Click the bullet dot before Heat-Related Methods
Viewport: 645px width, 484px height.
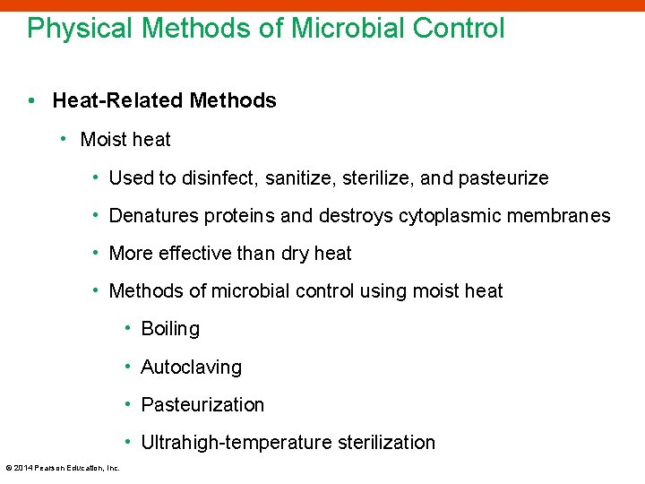pos(31,101)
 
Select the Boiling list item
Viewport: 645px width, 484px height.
pos(170,329)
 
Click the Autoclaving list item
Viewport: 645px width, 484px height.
pos(191,367)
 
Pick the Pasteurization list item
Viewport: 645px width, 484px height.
pos(202,405)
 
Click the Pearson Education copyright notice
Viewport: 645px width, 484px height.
pos(63,468)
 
